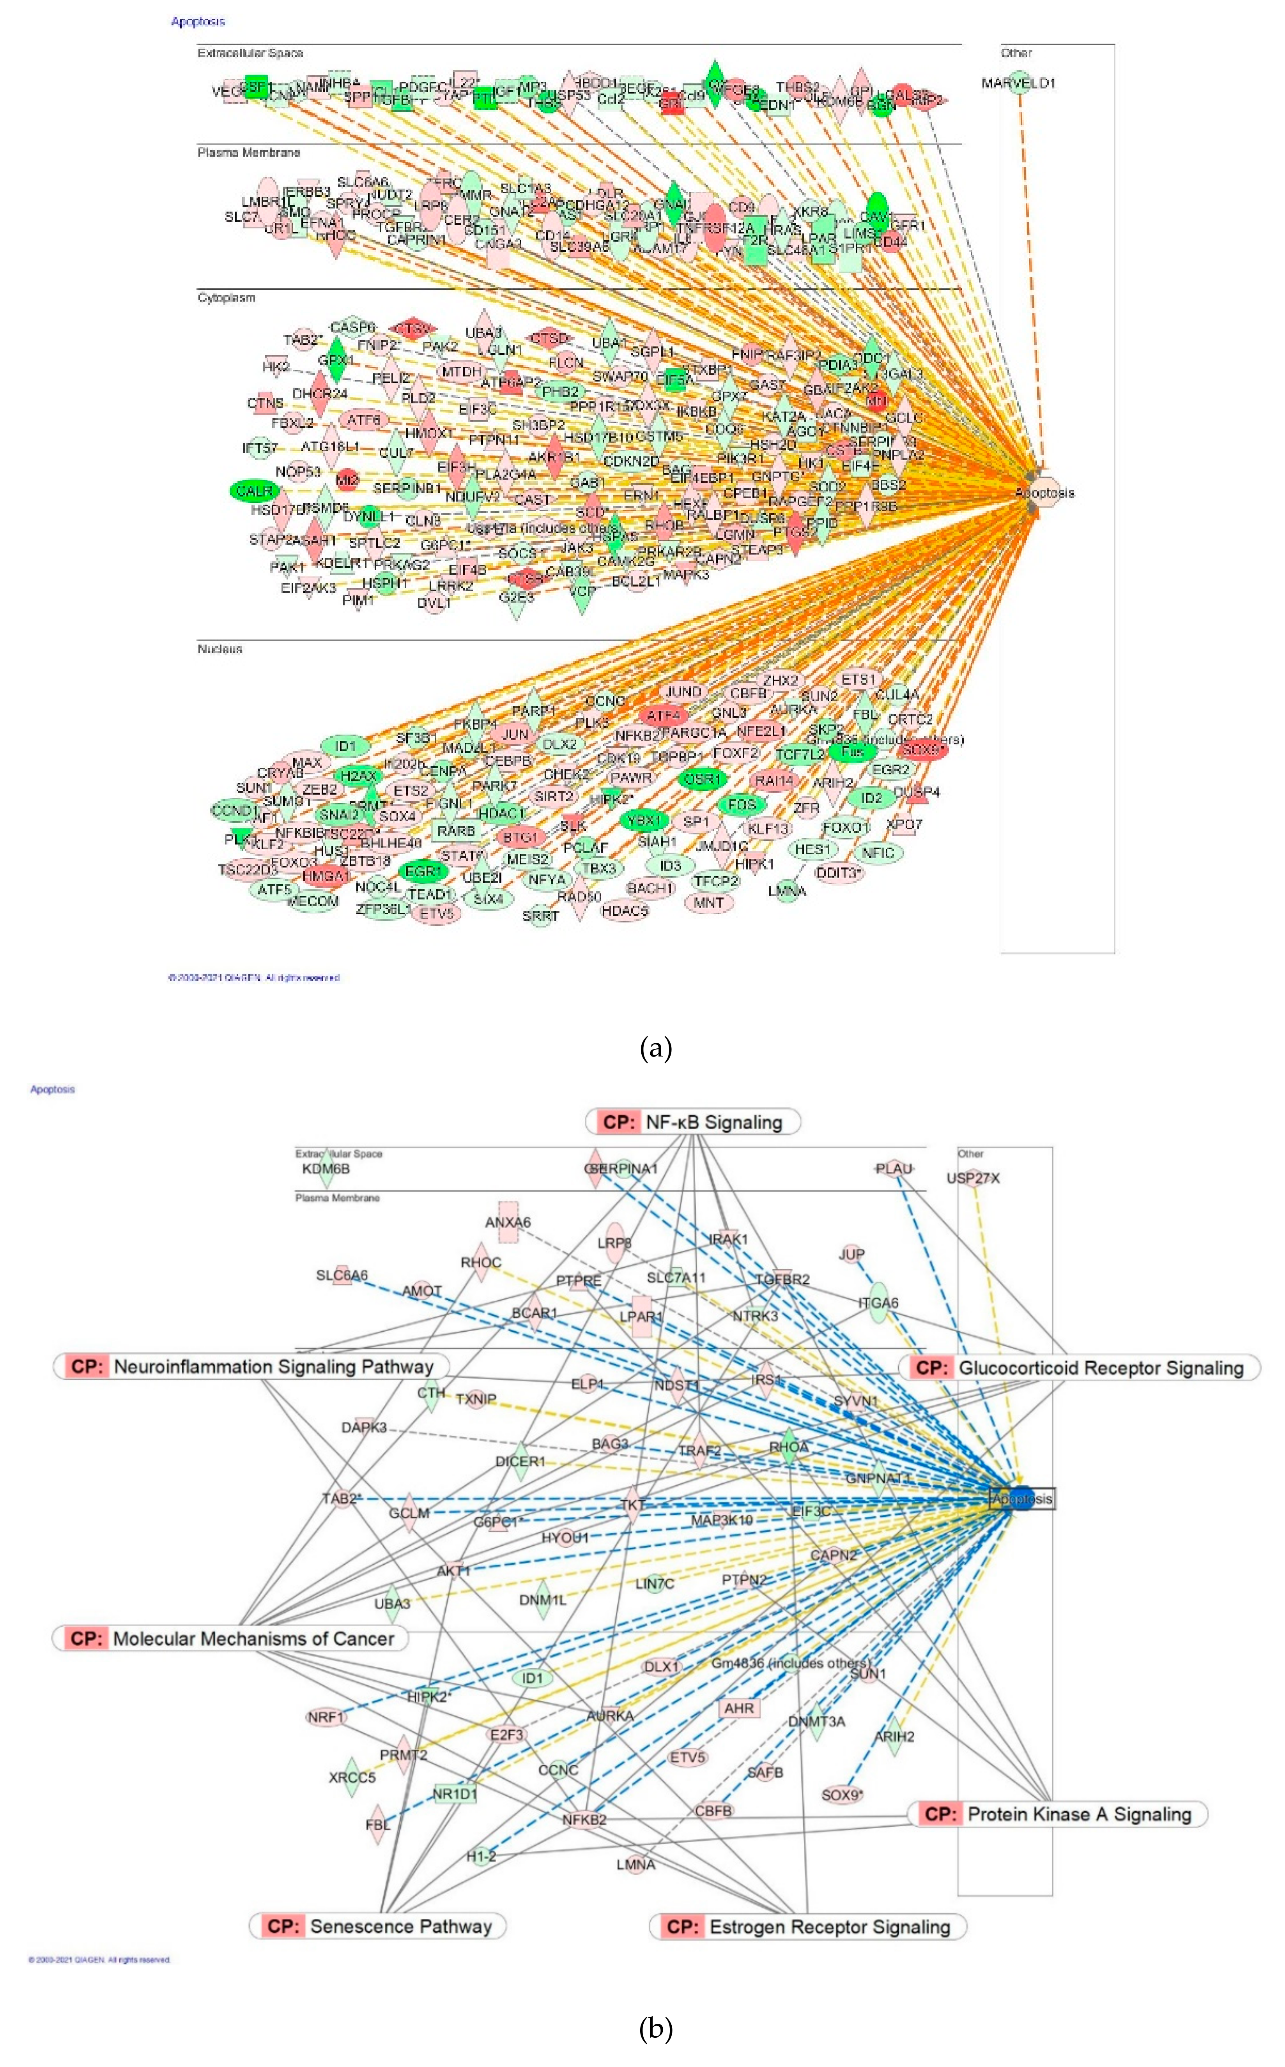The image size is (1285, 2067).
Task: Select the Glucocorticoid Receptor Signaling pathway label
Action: (1079, 1368)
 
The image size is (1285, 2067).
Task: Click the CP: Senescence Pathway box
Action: (378, 1926)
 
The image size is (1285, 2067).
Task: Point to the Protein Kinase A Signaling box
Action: (1058, 1814)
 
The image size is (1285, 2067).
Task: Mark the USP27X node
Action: (973, 1178)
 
